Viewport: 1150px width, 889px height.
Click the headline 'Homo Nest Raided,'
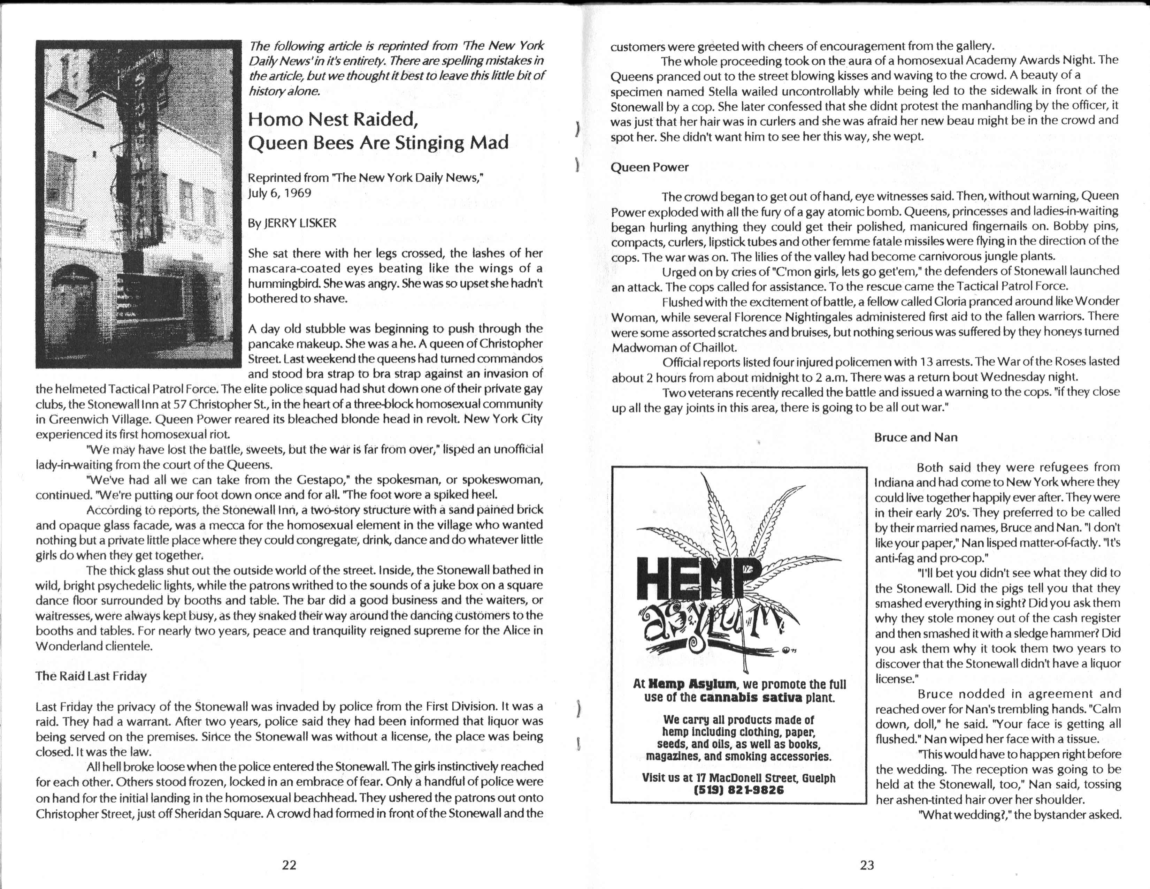point(333,120)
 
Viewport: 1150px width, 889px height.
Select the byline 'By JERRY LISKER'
point(292,223)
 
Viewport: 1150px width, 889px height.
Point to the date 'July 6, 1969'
point(279,193)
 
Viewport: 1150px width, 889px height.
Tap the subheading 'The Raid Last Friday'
point(91,676)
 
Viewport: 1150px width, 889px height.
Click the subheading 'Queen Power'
point(649,167)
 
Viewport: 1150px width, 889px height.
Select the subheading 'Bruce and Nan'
point(916,437)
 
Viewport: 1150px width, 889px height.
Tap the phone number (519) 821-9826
point(739,790)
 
